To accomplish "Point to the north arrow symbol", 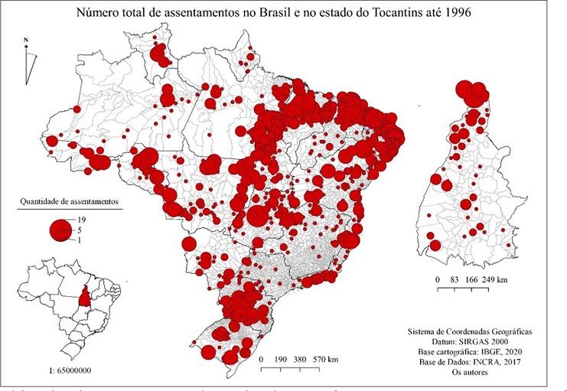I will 28,61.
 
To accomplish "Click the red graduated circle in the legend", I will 59,229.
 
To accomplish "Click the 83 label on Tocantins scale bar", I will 455,280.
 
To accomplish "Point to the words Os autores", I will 470,374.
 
